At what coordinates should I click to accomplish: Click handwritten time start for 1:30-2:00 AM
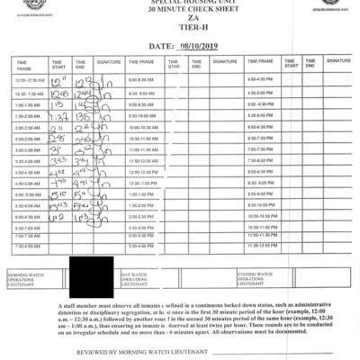[x=60, y=116]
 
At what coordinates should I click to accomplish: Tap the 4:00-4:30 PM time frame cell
[x=260, y=80]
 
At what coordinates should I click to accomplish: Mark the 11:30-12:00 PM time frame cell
[x=260, y=244]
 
